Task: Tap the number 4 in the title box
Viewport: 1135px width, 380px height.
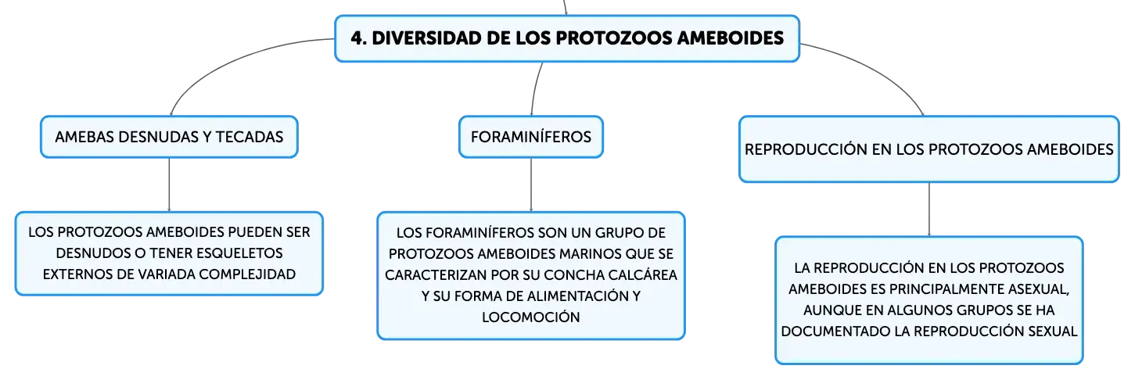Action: (356, 38)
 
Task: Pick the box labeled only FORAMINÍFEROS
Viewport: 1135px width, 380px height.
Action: (531, 137)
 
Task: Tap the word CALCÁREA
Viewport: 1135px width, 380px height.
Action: (642, 274)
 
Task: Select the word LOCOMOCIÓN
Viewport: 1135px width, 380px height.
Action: (531, 317)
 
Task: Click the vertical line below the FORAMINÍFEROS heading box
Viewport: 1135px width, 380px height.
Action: (531, 185)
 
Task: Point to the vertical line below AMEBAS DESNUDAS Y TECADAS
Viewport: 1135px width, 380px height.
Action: (169, 185)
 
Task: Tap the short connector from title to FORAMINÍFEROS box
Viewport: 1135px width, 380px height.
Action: (536, 88)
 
